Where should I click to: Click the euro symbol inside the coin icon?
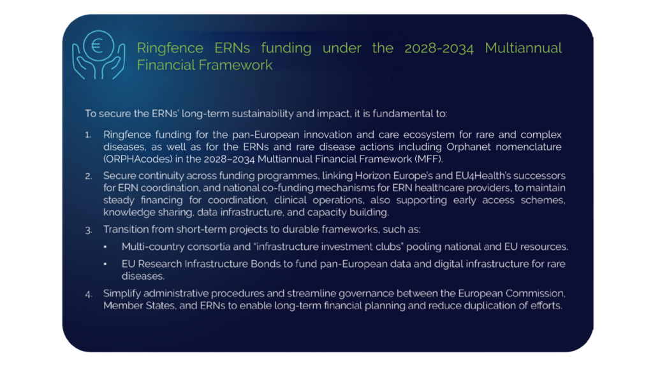coord(97,45)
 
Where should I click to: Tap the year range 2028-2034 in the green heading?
coord(439,48)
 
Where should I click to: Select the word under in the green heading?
coord(342,48)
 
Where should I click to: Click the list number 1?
coord(88,135)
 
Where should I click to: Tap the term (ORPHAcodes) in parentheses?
coord(138,159)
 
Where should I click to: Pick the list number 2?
coord(88,176)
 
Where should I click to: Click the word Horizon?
coord(372,176)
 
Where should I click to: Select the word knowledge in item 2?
coord(126,212)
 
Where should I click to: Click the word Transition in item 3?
coord(126,229)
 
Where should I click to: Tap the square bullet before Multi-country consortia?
coord(105,247)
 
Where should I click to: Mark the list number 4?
coord(88,294)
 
